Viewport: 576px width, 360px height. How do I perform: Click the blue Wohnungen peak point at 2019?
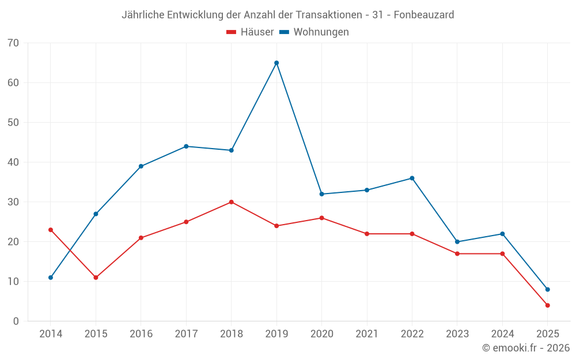point(276,63)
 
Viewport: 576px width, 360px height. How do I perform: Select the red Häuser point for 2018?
point(231,202)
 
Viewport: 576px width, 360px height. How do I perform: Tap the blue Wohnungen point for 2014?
point(51,278)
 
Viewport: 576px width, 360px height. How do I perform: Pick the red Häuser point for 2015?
point(96,278)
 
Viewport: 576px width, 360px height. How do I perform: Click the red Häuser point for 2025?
point(547,305)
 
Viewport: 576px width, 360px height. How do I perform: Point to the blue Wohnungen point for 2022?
point(412,178)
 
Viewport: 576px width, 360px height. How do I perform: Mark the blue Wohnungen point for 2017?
point(186,146)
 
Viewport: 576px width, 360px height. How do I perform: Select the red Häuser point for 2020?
point(321,218)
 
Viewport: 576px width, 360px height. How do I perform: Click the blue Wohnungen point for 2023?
point(457,242)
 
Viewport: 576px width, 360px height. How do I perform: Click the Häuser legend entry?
point(250,32)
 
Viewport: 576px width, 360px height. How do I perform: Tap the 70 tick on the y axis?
point(13,43)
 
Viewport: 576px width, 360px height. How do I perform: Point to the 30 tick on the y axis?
point(13,202)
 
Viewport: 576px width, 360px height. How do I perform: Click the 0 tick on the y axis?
point(16,321)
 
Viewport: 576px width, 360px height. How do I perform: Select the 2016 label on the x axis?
point(141,334)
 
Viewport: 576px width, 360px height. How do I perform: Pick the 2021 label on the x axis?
point(367,334)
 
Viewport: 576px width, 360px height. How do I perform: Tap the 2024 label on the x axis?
point(502,334)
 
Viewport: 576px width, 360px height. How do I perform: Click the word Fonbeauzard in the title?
point(423,14)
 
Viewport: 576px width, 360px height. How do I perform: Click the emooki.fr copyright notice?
point(525,348)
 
